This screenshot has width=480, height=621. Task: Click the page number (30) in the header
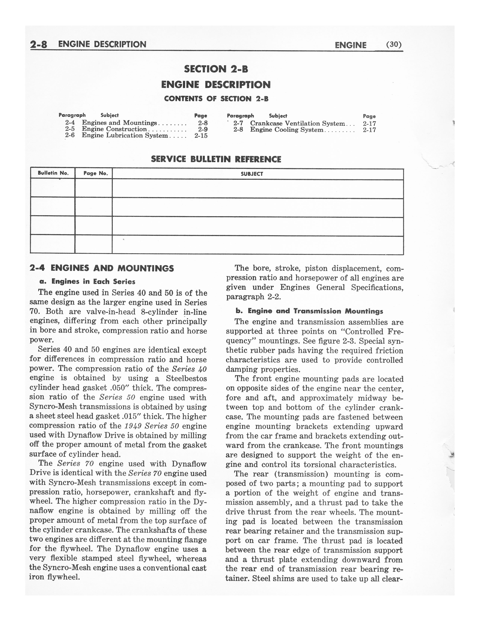[x=394, y=44]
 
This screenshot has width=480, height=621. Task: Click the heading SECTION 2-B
[x=216, y=69]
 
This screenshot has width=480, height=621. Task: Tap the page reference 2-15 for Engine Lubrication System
[x=201, y=136]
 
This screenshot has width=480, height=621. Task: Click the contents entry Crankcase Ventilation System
[x=297, y=123]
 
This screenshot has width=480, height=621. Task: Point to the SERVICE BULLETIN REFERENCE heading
[x=216, y=159]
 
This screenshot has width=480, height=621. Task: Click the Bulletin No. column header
[x=53, y=173]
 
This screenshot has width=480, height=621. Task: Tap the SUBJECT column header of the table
[x=252, y=174]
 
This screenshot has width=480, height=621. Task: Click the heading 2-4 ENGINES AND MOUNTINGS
[x=101, y=268]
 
